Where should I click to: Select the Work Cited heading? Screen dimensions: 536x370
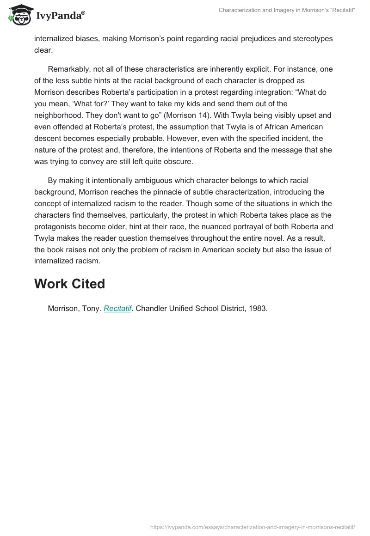tap(69, 284)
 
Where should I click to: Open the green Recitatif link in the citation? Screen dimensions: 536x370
tap(117, 308)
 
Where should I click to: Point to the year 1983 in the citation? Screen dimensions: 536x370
tap(258, 308)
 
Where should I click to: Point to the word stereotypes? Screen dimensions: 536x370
tap(313, 38)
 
